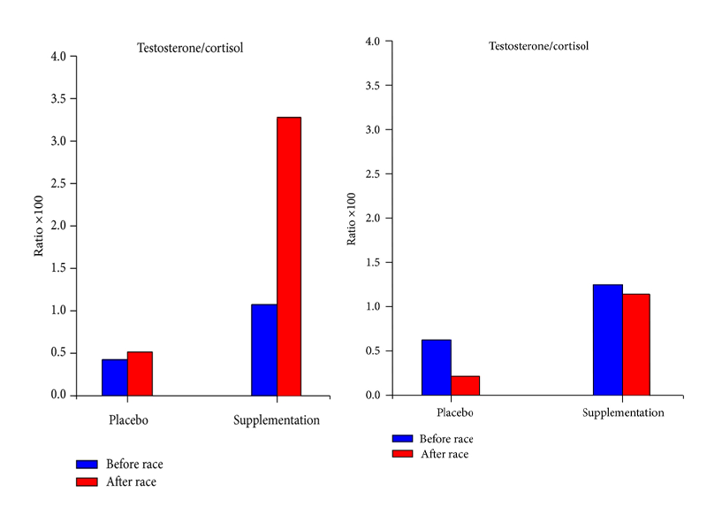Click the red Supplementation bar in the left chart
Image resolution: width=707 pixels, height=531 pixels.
pos(289,256)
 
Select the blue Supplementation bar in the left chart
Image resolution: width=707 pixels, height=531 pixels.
pos(264,350)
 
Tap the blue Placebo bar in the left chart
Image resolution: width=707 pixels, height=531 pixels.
pos(115,377)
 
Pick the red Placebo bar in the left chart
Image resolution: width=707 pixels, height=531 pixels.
pos(140,373)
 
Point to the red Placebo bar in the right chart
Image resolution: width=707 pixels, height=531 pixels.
pos(465,385)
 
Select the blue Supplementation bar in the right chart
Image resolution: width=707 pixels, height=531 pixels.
pos(607,340)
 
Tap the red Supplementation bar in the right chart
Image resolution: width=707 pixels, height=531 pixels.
pos(635,344)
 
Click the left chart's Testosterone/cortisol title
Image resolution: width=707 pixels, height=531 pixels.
pos(190,48)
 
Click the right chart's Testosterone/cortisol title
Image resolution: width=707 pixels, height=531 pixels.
pos(539,44)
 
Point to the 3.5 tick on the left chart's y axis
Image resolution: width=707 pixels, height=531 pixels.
pos(74,98)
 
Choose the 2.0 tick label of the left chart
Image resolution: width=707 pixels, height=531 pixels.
pos(57,226)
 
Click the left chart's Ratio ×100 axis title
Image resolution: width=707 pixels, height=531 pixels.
pos(39,225)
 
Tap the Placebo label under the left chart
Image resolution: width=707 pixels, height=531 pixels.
pos(128,419)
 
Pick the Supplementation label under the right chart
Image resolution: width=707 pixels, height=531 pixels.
pos(623,412)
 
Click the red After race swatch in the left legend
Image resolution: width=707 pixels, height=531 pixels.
pos(87,482)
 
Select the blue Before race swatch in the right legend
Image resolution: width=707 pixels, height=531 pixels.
pos(402,438)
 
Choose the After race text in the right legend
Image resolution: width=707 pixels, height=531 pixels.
pos(445,454)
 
